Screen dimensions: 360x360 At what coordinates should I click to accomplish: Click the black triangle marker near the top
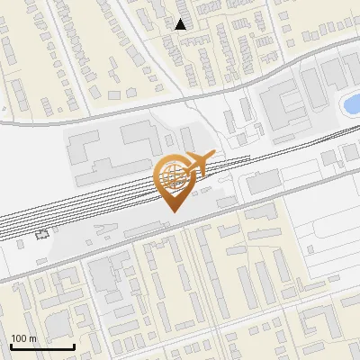pos(181,24)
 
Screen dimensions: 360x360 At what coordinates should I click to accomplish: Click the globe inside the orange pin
pos(172,176)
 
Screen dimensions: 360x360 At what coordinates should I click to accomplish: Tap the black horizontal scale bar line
pos(42,347)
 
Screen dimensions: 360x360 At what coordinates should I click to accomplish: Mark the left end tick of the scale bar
pos(11,346)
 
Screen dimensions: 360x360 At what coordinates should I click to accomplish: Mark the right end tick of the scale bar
pos(74,346)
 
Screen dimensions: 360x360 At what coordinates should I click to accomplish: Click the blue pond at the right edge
pos(351,103)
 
